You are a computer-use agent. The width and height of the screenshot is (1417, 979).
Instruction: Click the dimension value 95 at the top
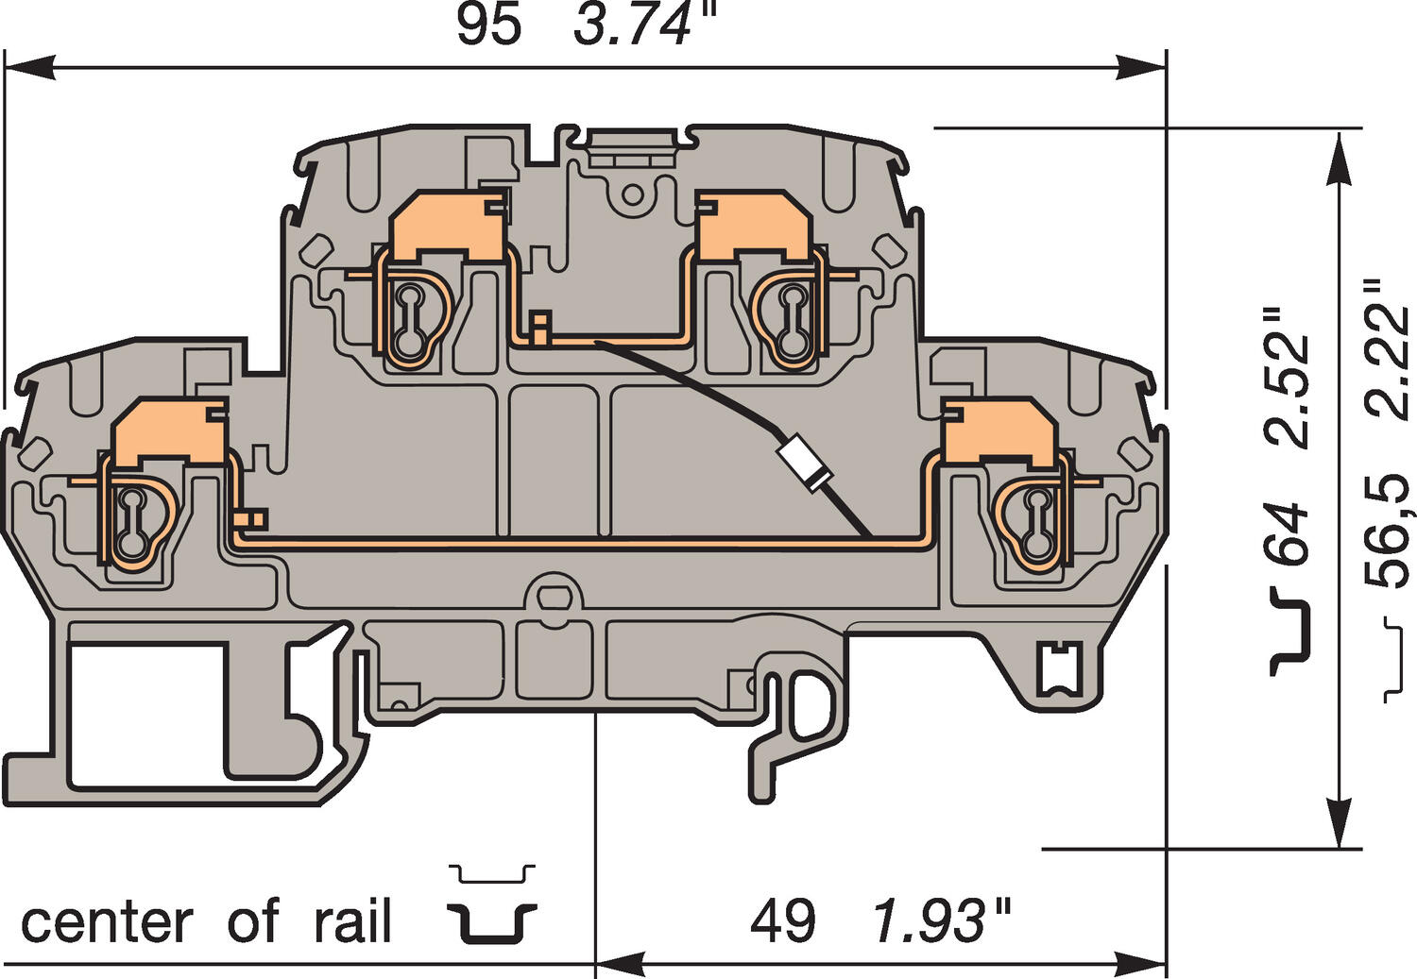(x=489, y=26)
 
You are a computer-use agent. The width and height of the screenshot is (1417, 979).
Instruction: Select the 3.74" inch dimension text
(x=645, y=25)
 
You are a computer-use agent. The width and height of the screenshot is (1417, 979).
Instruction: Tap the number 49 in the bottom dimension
(x=782, y=921)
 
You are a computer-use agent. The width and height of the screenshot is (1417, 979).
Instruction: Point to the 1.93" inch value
(x=941, y=920)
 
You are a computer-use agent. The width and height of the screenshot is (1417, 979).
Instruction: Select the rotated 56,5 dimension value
(x=1390, y=532)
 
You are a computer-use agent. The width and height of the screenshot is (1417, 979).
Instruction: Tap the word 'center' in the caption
(x=107, y=923)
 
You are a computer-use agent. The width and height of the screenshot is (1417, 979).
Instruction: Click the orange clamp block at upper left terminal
(x=449, y=226)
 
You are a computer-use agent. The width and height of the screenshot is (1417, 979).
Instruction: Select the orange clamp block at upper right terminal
(x=752, y=226)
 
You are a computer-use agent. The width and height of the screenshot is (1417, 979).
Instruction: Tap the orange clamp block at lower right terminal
(x=1000, y=432)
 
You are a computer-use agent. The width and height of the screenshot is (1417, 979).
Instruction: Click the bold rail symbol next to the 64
(x=1289, y=632)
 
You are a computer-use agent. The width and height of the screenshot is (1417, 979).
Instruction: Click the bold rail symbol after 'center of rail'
(x=492, y=922)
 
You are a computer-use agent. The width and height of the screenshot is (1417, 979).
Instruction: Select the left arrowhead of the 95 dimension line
(x=29, y=66)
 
